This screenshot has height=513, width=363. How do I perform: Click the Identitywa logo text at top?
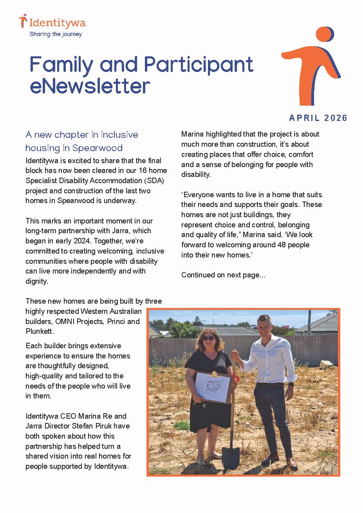coord(57,23)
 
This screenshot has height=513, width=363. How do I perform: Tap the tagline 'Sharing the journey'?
coord(56,34)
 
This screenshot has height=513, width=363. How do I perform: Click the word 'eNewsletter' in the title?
coord(90,86)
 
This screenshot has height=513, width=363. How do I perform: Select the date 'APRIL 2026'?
coord(318,118)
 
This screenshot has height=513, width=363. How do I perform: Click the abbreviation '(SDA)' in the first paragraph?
coord(156,180)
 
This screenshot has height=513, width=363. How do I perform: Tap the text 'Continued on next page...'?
coord(223,275)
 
